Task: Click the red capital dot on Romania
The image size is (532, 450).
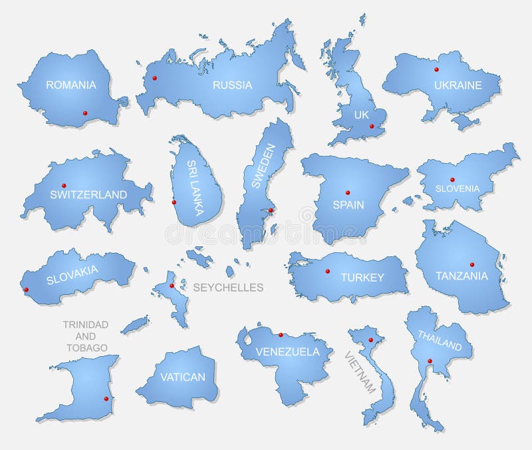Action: pos(84,113)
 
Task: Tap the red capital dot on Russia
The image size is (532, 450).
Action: pos(155,78)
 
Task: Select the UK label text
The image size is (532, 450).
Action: pos(361,115)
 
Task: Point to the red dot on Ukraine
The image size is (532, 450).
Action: pos(436,69)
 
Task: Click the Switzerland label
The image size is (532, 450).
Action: pos(88,194)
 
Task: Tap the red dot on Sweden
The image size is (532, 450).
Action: pos(270,211)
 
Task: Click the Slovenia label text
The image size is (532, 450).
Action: pos(457,188)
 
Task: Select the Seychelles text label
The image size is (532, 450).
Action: pos(228,288)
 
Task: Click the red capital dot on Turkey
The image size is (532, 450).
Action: pos(327,271)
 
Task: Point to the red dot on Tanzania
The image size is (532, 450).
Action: pos(471,264)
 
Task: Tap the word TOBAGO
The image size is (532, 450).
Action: pos(86,347)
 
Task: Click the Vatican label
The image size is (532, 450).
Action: pos(182,377)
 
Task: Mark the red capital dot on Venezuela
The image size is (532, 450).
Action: pos(281,335)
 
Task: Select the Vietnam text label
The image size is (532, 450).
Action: pos(360,371)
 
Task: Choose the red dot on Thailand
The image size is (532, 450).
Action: pos(430,361)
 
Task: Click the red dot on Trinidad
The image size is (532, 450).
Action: pos(106,399)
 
